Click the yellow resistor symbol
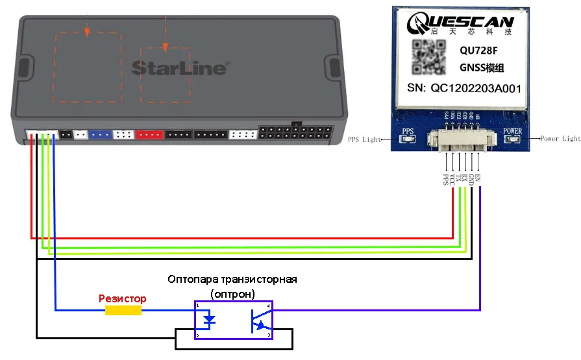coord(123,311)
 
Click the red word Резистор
coord(123,298)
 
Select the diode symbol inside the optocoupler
coord(209,319)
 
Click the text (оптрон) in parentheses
coord(232,293)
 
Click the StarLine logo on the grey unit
coord(180,67)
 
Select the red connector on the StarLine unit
coord(150,135)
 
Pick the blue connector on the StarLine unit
coord(101,135)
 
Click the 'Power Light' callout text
coord(560,138)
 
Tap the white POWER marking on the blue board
coord(512,130)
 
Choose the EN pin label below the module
coord(478,176)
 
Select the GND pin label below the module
coord(471,179)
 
